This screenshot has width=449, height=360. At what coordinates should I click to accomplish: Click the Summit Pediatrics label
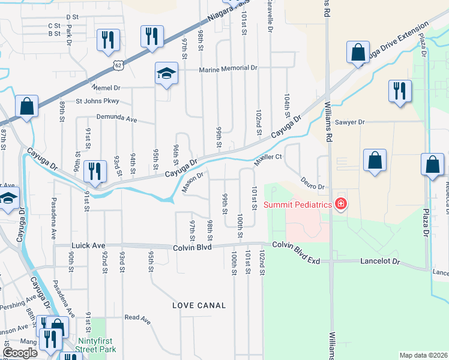click(x=298, y=205)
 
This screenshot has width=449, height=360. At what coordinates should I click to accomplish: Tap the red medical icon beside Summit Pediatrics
click(x=341, y=204)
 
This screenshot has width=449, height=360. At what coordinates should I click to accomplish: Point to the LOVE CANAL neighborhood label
click(x=199, y=305)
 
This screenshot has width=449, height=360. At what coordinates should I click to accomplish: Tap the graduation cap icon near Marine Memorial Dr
click(x=166, y=73)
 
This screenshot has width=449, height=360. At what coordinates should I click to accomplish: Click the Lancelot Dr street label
click(x=380, y=262)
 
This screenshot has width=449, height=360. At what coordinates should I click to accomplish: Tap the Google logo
click(x=20, y=353)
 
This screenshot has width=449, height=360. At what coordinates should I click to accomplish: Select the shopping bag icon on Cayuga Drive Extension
click(x=358, y=52)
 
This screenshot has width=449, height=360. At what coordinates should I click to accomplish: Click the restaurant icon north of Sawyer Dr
click(x=399, y=91)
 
